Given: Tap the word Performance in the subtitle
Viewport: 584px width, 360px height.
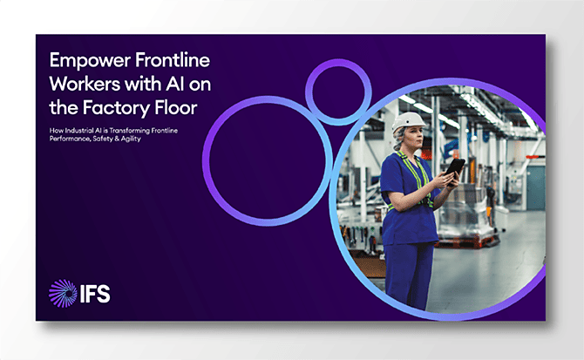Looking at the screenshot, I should (x=72, y=139).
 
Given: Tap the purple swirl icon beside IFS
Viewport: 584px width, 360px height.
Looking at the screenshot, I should (x=62, y=293).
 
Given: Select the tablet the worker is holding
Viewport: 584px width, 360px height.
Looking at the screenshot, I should (x=455, y=166).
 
